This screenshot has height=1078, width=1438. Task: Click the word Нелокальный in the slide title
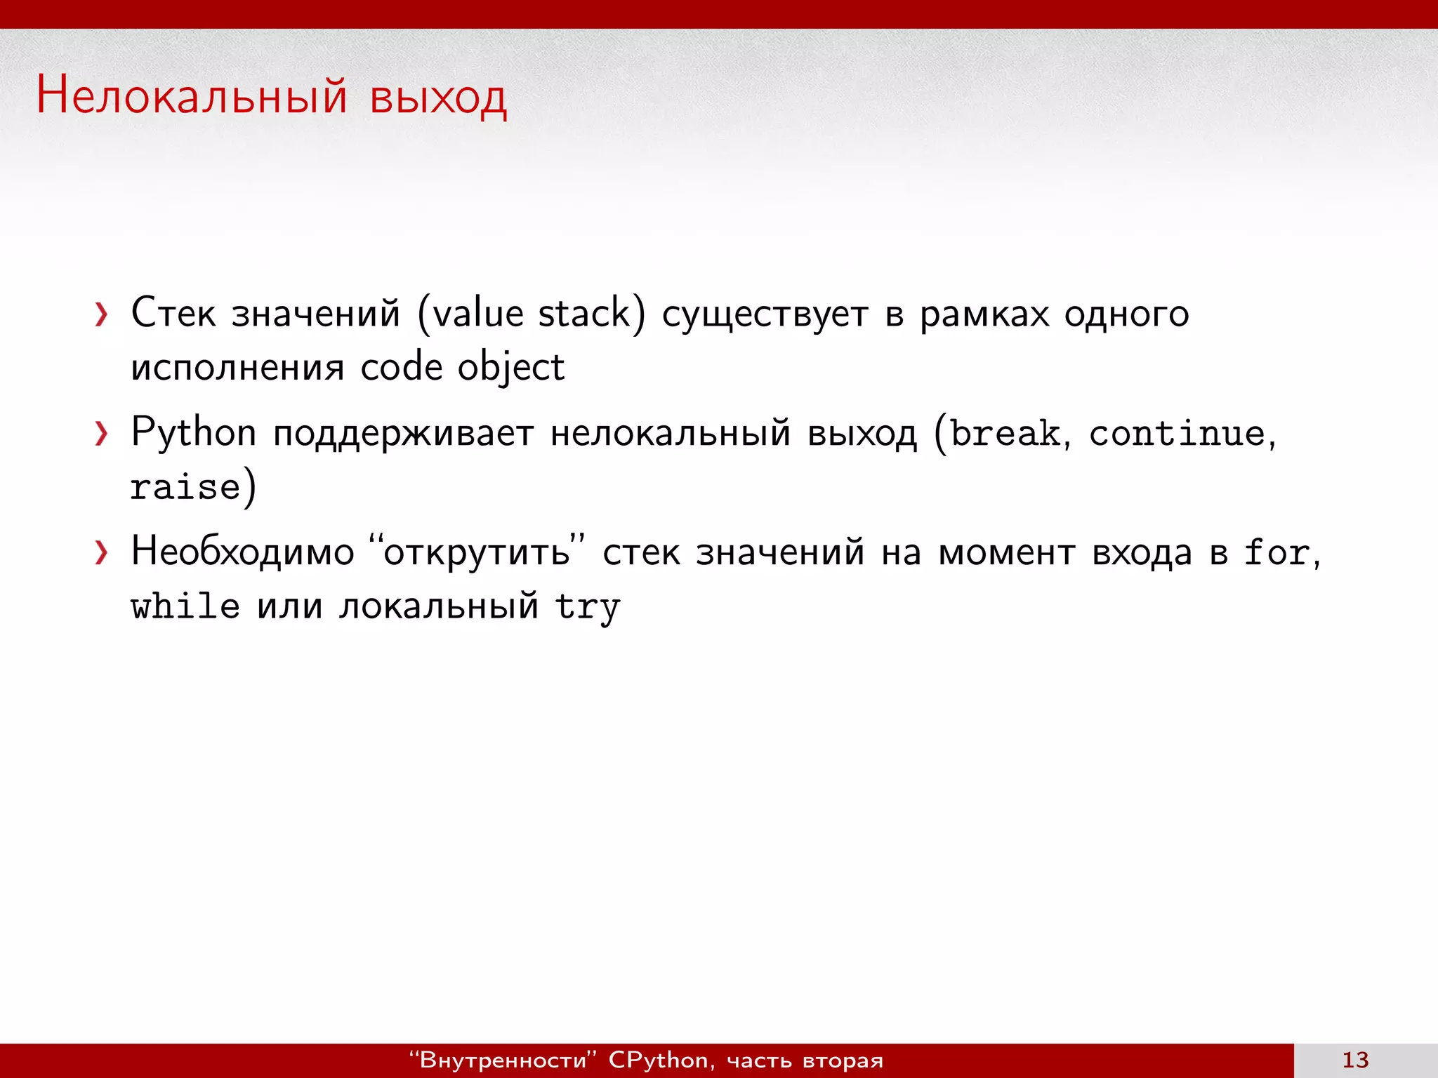click(x=192, y=96)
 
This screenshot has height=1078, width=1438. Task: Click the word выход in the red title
click(x=437, y=98)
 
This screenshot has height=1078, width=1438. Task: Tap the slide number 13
click(x=1355, y=1060)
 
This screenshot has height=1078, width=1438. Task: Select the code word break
click(x=1005, y=433)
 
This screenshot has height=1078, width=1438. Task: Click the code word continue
click(x=1178, y=433)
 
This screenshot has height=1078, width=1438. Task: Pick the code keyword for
click(x=1277, y=552)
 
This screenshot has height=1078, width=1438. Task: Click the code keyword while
click(x=185, y=606)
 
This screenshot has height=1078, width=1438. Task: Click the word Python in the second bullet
click(x=194, y=433)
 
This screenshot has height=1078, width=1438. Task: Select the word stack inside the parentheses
click(x=584, y=313)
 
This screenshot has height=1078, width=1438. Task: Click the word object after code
click(x=510, y=368)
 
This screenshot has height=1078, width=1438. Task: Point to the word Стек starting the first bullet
click(x=173, y=313)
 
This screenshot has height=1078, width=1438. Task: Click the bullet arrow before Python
click(x=102, y=434)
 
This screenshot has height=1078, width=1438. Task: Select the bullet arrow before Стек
click(x=102, y=314)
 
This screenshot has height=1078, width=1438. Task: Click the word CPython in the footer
click(x=658, y=1060)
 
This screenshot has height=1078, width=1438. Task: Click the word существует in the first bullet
click(x=765, y=314)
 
